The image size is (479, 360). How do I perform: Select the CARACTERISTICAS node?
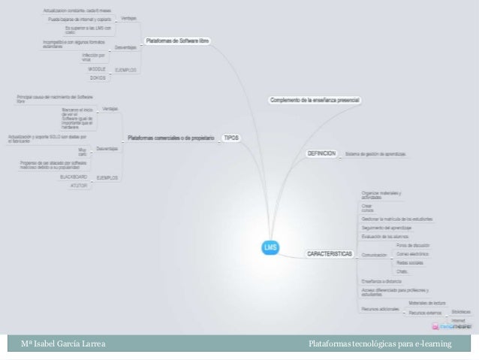[329, 255]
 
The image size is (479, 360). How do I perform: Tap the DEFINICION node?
[321, 153]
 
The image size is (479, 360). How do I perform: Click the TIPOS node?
[231, 138]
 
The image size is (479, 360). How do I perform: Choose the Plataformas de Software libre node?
[177, 40]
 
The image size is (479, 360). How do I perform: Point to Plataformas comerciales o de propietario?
[172, 138]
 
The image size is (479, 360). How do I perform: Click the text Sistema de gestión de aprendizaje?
[376, 154]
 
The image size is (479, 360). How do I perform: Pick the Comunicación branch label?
[374, 256]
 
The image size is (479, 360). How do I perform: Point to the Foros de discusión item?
[412, 245]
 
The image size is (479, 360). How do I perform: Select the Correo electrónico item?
[411, 254]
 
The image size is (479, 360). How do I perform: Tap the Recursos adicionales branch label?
[380, 307]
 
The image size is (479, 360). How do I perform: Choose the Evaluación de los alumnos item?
[384, 237]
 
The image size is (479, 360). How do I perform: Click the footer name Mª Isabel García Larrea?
[62, 345]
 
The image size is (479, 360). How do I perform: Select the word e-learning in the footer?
[430, 345]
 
